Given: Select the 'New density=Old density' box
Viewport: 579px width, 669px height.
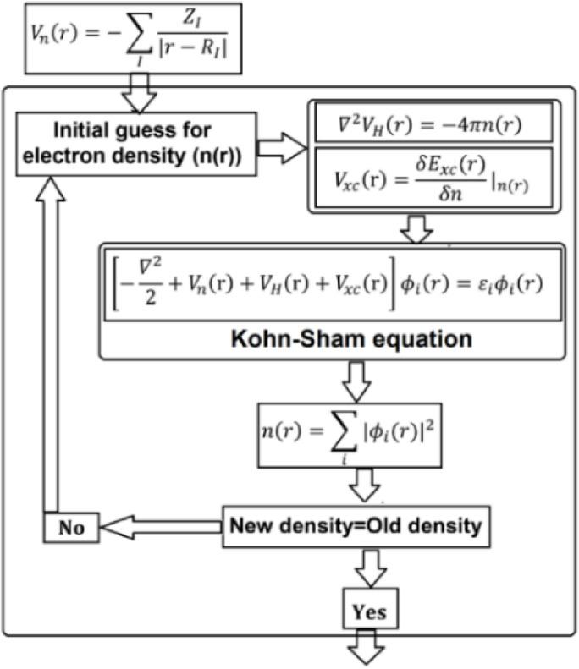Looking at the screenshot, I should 356,526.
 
